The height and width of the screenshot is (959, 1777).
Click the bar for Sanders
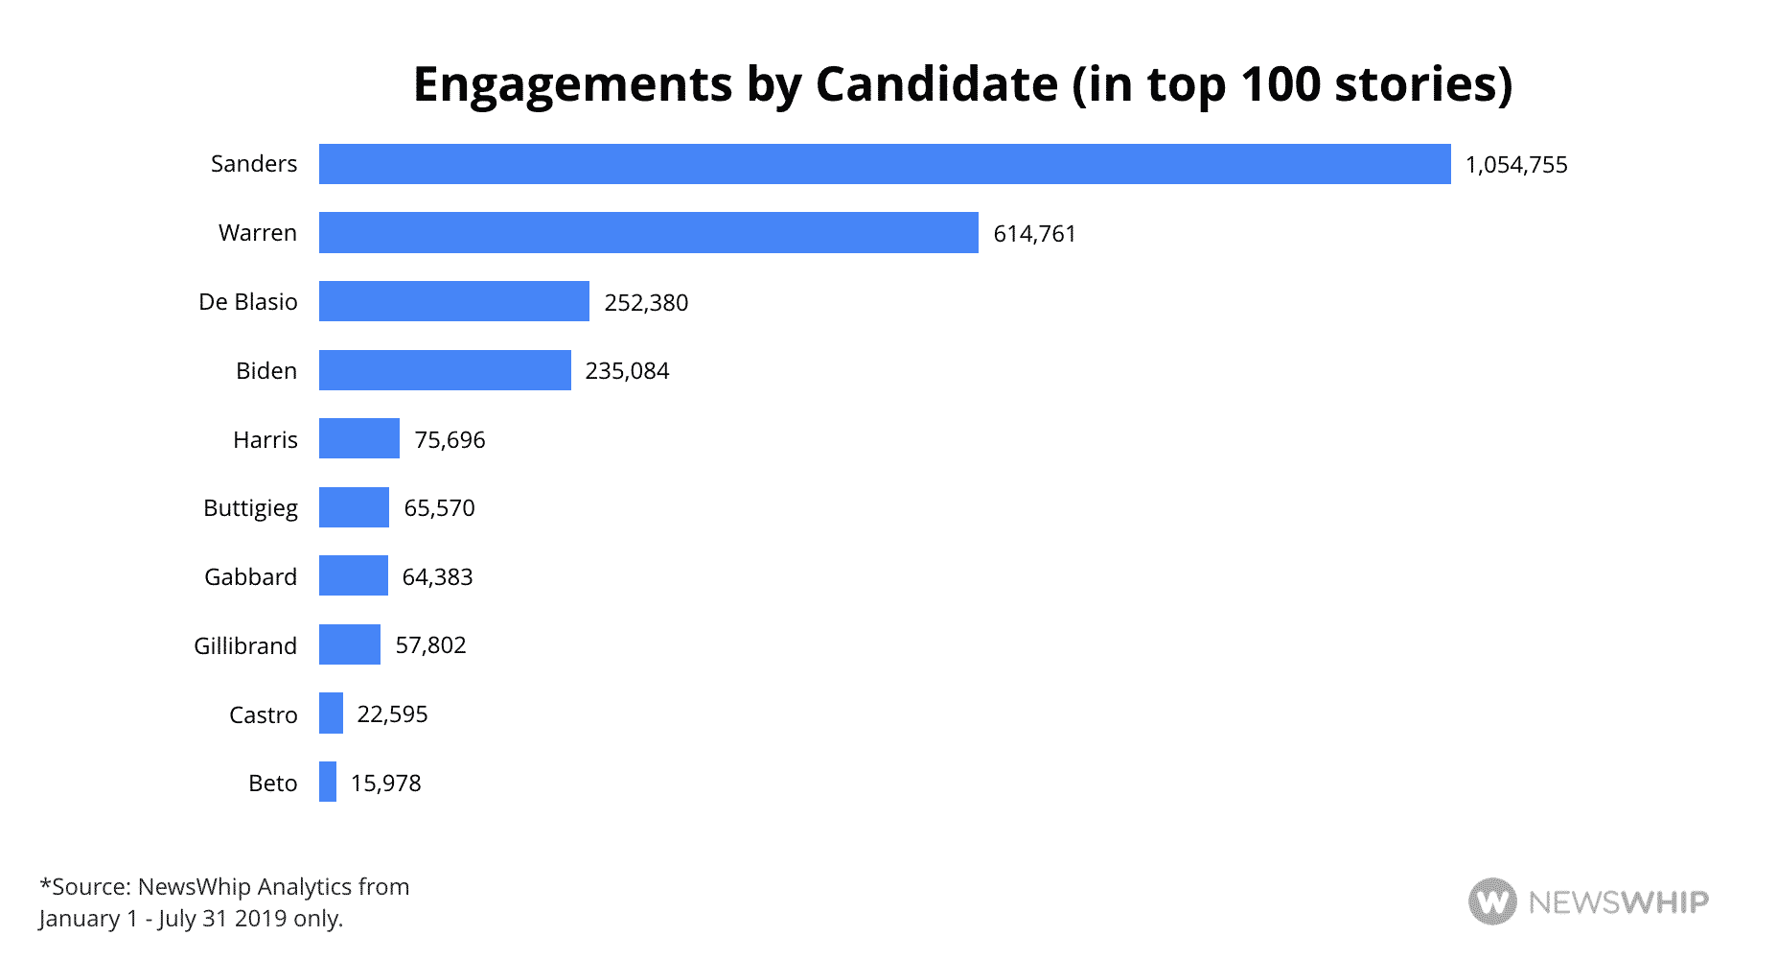tap(884, 164)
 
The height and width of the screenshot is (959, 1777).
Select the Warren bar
tap(648, 233)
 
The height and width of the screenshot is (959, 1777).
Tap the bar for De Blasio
tap(453, 301)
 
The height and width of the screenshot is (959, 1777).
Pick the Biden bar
tap(445, 370)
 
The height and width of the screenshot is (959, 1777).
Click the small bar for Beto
tap(328, 782)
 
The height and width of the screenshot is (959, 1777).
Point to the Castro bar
tap(331, 713)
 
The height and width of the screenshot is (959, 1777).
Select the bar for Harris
tap(358, 438)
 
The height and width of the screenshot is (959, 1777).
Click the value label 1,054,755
tap(1516, 165)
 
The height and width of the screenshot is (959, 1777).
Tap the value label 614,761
tap(1034, 234)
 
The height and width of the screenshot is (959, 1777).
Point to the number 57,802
tap(430, 645)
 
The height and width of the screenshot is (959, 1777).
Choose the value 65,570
tap(439, 508)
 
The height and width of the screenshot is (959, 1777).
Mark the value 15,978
tap(385, 784)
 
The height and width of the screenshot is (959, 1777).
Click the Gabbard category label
tap(250, 577)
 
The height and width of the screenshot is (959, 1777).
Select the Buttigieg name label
tap(250, 508)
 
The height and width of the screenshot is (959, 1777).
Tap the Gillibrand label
tap(245, 646)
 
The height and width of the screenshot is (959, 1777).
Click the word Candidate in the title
tap(936, 84)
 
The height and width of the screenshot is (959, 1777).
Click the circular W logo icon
tap(1492, 901)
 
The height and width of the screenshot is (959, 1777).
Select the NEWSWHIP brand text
tap(1618, 902)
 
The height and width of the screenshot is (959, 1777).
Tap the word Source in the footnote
tap(89, 887)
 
